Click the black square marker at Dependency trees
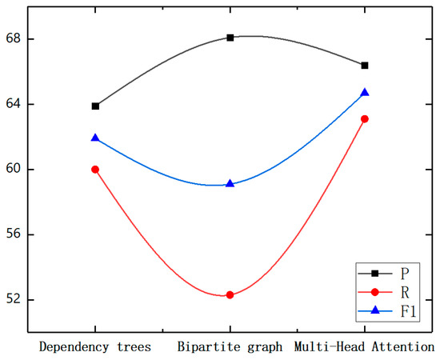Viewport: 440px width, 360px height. pyautogui.click(x=96, y=106)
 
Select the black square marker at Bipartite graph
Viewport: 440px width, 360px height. pyautogui.click(x=230, y=38)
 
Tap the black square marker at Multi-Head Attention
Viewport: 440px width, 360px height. pyautogui.click(x=365, y=65)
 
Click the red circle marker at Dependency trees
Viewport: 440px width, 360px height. pyautogui.click(x=96, y=170)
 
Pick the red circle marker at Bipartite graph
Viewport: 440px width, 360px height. pyautogui.click(x=230, y=295)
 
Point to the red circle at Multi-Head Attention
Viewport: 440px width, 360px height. pyautogui.click(x=365, y=118)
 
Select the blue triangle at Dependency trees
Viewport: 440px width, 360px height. pyautogui.click(x=96, y=138)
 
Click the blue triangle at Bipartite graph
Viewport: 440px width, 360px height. pyautogui.click(x=230, y=183)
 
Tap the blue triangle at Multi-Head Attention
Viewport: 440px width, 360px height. pyautogui.click(x=365, y=92)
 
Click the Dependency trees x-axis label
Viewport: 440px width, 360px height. pyautogui.click(x=96, y=346)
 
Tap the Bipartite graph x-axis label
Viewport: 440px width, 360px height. pyautogui.click(x=230, y=346)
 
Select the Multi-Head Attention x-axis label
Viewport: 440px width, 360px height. pyautogui.click(x=365, y=346)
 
